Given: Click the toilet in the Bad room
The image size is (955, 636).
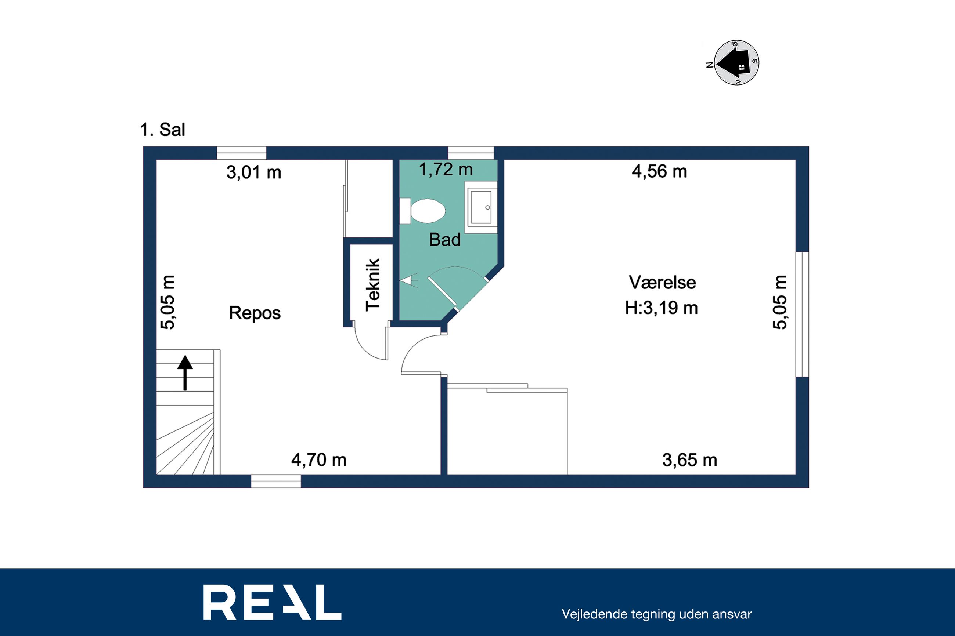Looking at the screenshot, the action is coord(422,211).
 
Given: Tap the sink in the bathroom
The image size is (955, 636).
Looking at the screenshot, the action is coord(481,208).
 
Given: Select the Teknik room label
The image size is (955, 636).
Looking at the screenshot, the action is coord(372,285).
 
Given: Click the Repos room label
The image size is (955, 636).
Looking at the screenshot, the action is coord(255,313).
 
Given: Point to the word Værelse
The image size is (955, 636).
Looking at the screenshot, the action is coord(662,282).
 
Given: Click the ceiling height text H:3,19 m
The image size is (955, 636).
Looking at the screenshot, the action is coord(662,308).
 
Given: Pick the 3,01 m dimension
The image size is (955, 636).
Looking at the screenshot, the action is coord(254,172).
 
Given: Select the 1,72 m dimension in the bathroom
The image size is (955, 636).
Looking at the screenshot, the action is coord(446,170).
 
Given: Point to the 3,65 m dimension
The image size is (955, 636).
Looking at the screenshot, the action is coord(690,460).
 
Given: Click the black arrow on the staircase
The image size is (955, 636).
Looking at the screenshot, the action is coord(185,373).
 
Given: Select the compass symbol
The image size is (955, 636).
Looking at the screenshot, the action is coord(736,63).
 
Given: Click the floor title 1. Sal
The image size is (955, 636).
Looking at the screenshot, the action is coord(162,130).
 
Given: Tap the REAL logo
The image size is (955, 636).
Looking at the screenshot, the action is coord(272,602).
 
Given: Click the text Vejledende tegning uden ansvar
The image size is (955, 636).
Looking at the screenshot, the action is coord(657,614).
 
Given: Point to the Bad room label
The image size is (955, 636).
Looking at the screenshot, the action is coord(445,240).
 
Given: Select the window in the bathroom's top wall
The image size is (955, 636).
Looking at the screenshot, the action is coord(471,153).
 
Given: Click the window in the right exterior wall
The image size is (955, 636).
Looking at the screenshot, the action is coord(802,315).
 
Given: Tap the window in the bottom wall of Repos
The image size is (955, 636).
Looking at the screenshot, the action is coord(276,481).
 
